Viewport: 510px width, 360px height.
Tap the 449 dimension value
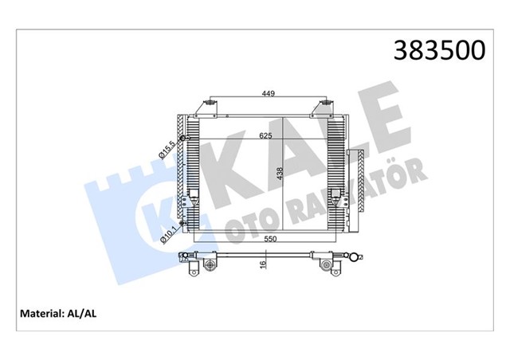[269, 93]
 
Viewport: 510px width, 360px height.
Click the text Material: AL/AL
[58, 313]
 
